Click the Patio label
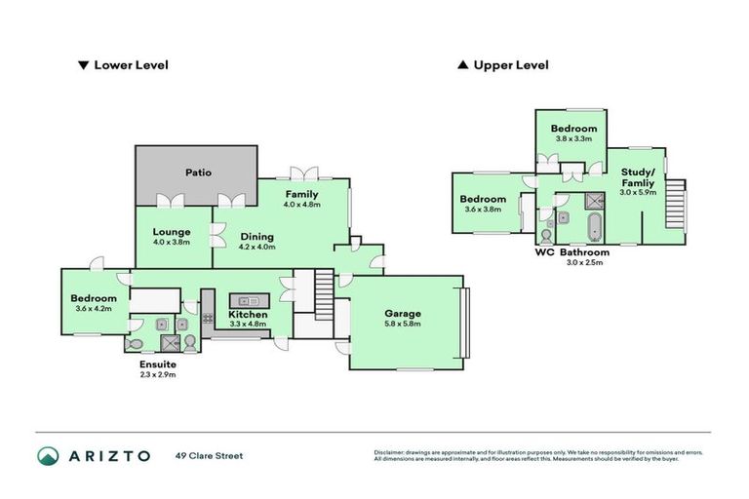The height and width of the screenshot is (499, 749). [198, 173]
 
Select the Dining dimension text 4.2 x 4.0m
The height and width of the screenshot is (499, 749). [257, 248]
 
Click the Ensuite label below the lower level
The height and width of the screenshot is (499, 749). [157, 364]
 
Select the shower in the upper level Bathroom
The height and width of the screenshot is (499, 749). [593, 201]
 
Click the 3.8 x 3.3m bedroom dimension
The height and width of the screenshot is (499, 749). [572, 138]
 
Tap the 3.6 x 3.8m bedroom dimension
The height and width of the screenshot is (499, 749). [483, 209]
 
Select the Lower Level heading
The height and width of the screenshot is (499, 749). [131, 65]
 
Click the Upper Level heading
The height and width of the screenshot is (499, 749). [510, 65]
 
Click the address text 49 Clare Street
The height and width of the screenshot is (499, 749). [209, 456]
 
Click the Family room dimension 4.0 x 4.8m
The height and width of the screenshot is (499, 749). [301, 205]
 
